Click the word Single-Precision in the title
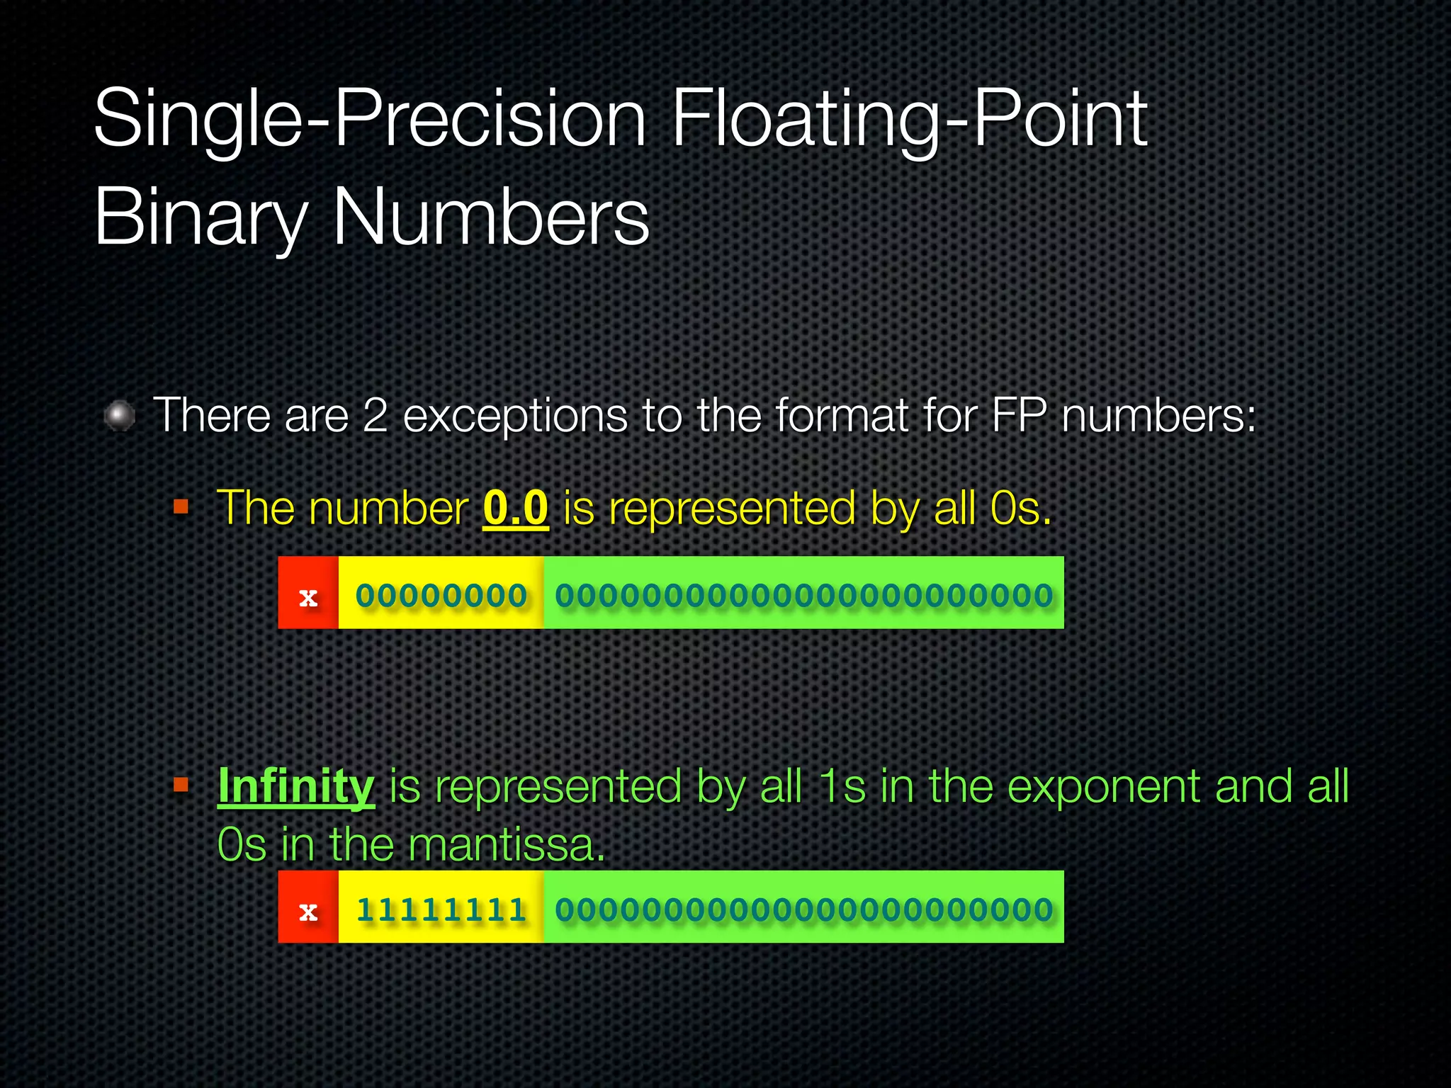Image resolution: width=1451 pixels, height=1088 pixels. [369, 118]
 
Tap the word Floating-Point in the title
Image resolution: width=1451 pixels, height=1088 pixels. [909, 118]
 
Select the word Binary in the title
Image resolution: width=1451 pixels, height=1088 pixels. [201, 216]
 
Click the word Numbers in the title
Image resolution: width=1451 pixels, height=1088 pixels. [490, 216]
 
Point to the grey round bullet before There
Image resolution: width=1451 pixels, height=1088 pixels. [120, 415]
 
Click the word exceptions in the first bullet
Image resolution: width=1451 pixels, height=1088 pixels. [515, 415]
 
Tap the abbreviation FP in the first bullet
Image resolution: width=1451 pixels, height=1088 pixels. [1019, 415]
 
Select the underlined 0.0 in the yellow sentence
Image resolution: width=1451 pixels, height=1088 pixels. [515, 508]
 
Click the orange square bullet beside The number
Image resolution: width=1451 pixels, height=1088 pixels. [181, 506]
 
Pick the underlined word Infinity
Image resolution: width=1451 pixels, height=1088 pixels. [295, 786]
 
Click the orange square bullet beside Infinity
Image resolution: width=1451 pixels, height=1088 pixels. [181, 785]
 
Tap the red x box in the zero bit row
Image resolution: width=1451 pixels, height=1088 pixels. [308, 593]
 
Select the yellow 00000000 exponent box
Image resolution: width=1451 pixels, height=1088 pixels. [441, 593]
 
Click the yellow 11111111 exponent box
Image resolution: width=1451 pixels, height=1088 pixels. [441, 907]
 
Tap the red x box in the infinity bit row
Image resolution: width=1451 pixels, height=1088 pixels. [308, 907]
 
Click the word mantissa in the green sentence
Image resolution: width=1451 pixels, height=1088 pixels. [507, 845]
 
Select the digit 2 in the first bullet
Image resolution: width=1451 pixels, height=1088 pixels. [376, 415]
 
